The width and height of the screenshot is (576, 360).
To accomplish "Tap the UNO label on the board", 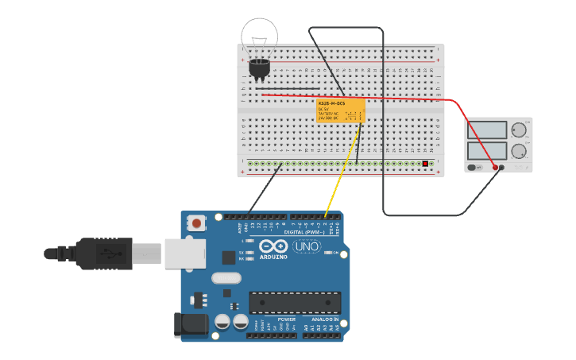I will (307, 247).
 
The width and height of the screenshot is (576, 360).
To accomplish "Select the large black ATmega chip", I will (295, 303).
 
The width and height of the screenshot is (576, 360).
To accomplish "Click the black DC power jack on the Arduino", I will (190, 325).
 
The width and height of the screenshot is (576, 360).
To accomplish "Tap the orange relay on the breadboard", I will (341, 110).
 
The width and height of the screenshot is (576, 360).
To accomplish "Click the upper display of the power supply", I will (487, 130).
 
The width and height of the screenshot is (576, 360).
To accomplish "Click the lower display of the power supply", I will (487, 150).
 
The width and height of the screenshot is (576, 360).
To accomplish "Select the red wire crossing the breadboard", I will (358, 97).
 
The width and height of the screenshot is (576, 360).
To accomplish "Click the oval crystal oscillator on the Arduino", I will (226, 278).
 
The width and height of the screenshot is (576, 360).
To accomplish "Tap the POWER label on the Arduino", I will (287, 319).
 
